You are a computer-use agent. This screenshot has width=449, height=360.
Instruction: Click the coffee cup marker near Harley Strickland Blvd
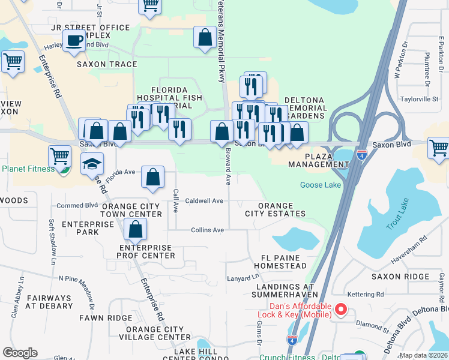(74, 40)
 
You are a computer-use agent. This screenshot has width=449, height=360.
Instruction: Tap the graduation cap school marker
(92, 163)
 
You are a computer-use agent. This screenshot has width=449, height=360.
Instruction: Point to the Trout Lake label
(397, 214)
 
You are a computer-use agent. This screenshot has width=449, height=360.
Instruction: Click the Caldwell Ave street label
(204, 200)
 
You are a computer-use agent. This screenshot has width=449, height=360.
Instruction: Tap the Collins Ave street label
(207, 230)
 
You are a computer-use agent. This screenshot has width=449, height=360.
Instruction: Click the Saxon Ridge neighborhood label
(400, 277)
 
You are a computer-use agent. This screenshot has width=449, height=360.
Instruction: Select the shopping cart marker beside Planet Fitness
(59, 156)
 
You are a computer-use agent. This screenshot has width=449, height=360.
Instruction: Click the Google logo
(20, 352)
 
